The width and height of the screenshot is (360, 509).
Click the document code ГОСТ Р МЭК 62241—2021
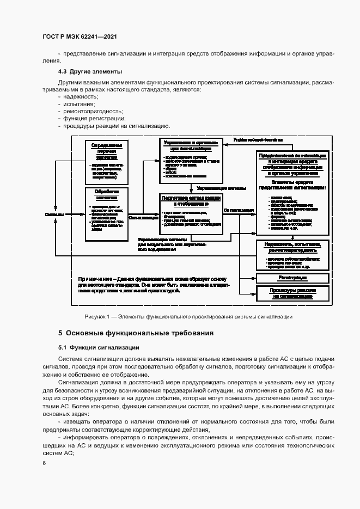(80, 36)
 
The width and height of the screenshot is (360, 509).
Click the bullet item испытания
(79, 103)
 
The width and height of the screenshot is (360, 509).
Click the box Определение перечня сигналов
(107, 162)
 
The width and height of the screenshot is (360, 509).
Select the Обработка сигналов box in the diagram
(107, 214)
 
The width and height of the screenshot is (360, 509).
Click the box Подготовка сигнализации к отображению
(191, 216)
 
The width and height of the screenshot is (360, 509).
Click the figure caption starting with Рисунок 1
(188, 316)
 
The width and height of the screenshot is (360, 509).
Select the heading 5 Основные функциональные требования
(136, 333)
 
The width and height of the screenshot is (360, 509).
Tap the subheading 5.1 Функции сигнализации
(99, 347)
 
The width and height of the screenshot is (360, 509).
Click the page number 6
(44, 463)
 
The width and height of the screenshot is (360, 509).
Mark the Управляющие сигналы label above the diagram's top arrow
(255, 140)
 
